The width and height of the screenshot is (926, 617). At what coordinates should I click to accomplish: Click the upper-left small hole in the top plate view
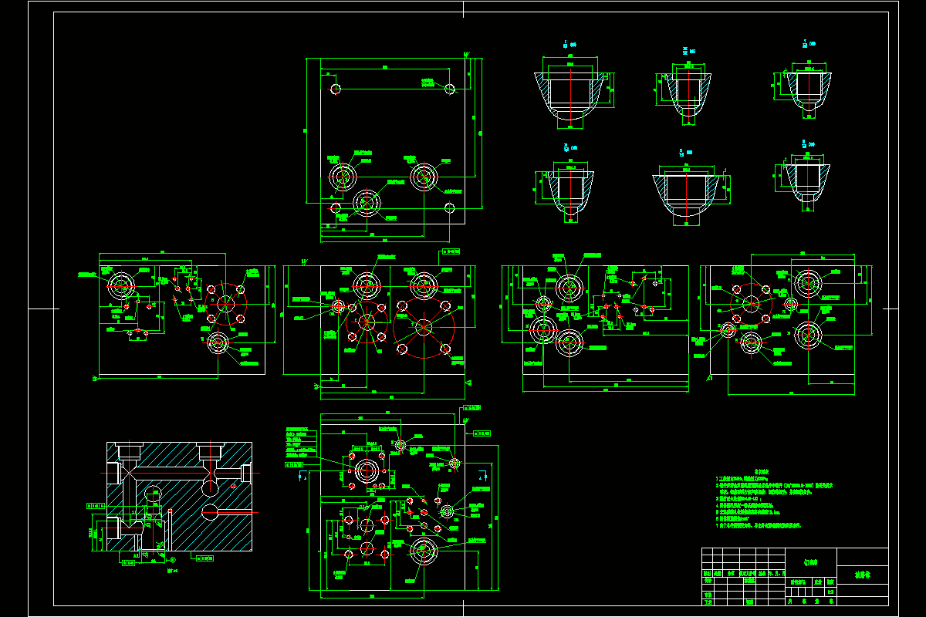(x=335, y=89)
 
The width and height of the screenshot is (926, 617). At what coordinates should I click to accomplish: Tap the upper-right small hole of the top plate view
(x=450, y=89)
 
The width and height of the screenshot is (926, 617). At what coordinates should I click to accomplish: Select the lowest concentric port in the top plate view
(x=367, y=202)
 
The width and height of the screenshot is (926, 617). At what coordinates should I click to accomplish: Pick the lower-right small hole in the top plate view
(x=450, y=207)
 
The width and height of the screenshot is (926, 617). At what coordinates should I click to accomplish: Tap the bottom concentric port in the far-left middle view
(x=217, y=340)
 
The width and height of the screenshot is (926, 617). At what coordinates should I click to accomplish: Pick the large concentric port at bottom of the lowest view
(x=422, y=551)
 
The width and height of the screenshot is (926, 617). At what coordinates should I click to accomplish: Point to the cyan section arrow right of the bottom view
(x=482, y=475)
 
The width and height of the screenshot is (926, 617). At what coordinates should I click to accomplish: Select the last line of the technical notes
(x=760, y=525)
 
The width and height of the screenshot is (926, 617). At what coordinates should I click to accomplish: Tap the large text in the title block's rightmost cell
(x=862, y=575)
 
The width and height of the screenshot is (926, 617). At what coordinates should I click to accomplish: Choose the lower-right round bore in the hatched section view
(x=211, y=511)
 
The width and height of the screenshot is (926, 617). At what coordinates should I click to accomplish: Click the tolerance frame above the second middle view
(x=450, y=251)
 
